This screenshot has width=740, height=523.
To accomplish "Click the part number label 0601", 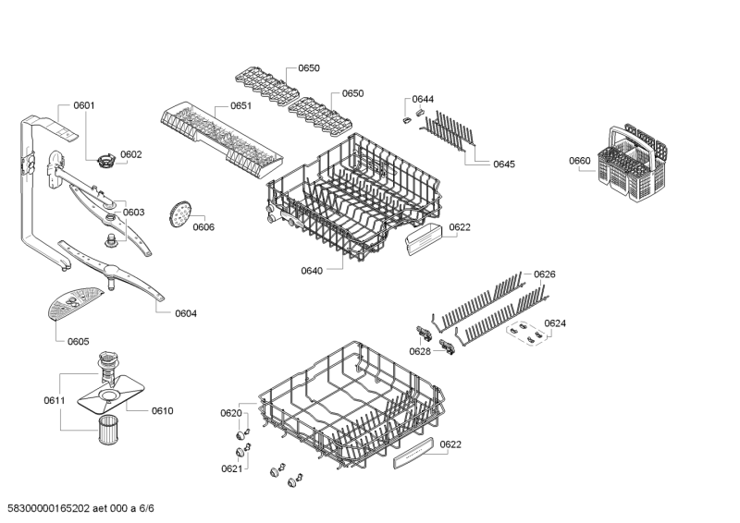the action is (84, 105).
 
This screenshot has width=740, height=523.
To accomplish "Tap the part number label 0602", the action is (130, 154).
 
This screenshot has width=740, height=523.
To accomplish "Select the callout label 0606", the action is (203, 226).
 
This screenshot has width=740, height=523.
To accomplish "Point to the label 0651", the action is (240, 105).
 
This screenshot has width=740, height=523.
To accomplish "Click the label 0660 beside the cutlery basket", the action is (580, 161).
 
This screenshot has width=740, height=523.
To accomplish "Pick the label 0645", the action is (504, 164).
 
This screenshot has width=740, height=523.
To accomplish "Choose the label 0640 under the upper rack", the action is (312, 270).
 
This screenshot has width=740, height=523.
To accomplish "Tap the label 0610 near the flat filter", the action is (163, 411).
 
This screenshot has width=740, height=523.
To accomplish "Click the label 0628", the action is (420, 351).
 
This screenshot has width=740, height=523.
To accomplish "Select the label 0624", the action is (555, 323).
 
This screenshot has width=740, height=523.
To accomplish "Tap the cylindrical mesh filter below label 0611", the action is (108, 430).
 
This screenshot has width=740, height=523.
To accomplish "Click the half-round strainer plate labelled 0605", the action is (75, 303).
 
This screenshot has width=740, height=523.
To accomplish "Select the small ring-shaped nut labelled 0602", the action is (106, 161).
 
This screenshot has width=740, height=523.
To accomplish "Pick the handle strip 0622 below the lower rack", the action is (413, 453).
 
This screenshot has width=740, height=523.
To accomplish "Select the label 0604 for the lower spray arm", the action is (186, 313).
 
